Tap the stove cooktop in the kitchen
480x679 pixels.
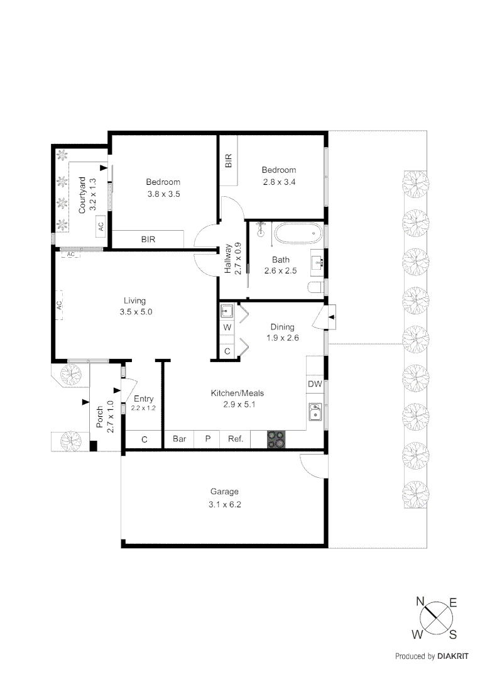(276, 439)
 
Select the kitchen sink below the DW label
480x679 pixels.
(314, 412)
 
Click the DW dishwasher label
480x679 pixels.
(314, 384)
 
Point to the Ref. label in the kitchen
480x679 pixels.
(235, 439)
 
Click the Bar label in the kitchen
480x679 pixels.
(179, 439)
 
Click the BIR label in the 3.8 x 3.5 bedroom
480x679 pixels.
(148, 240)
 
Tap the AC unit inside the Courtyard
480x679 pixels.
(100, 225)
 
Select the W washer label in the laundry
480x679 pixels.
(227, 328)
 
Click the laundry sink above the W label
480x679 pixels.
(227, 311)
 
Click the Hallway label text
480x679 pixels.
(228, 258)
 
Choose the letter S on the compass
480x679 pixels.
(452, 632)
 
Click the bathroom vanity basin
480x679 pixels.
(317, 262)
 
